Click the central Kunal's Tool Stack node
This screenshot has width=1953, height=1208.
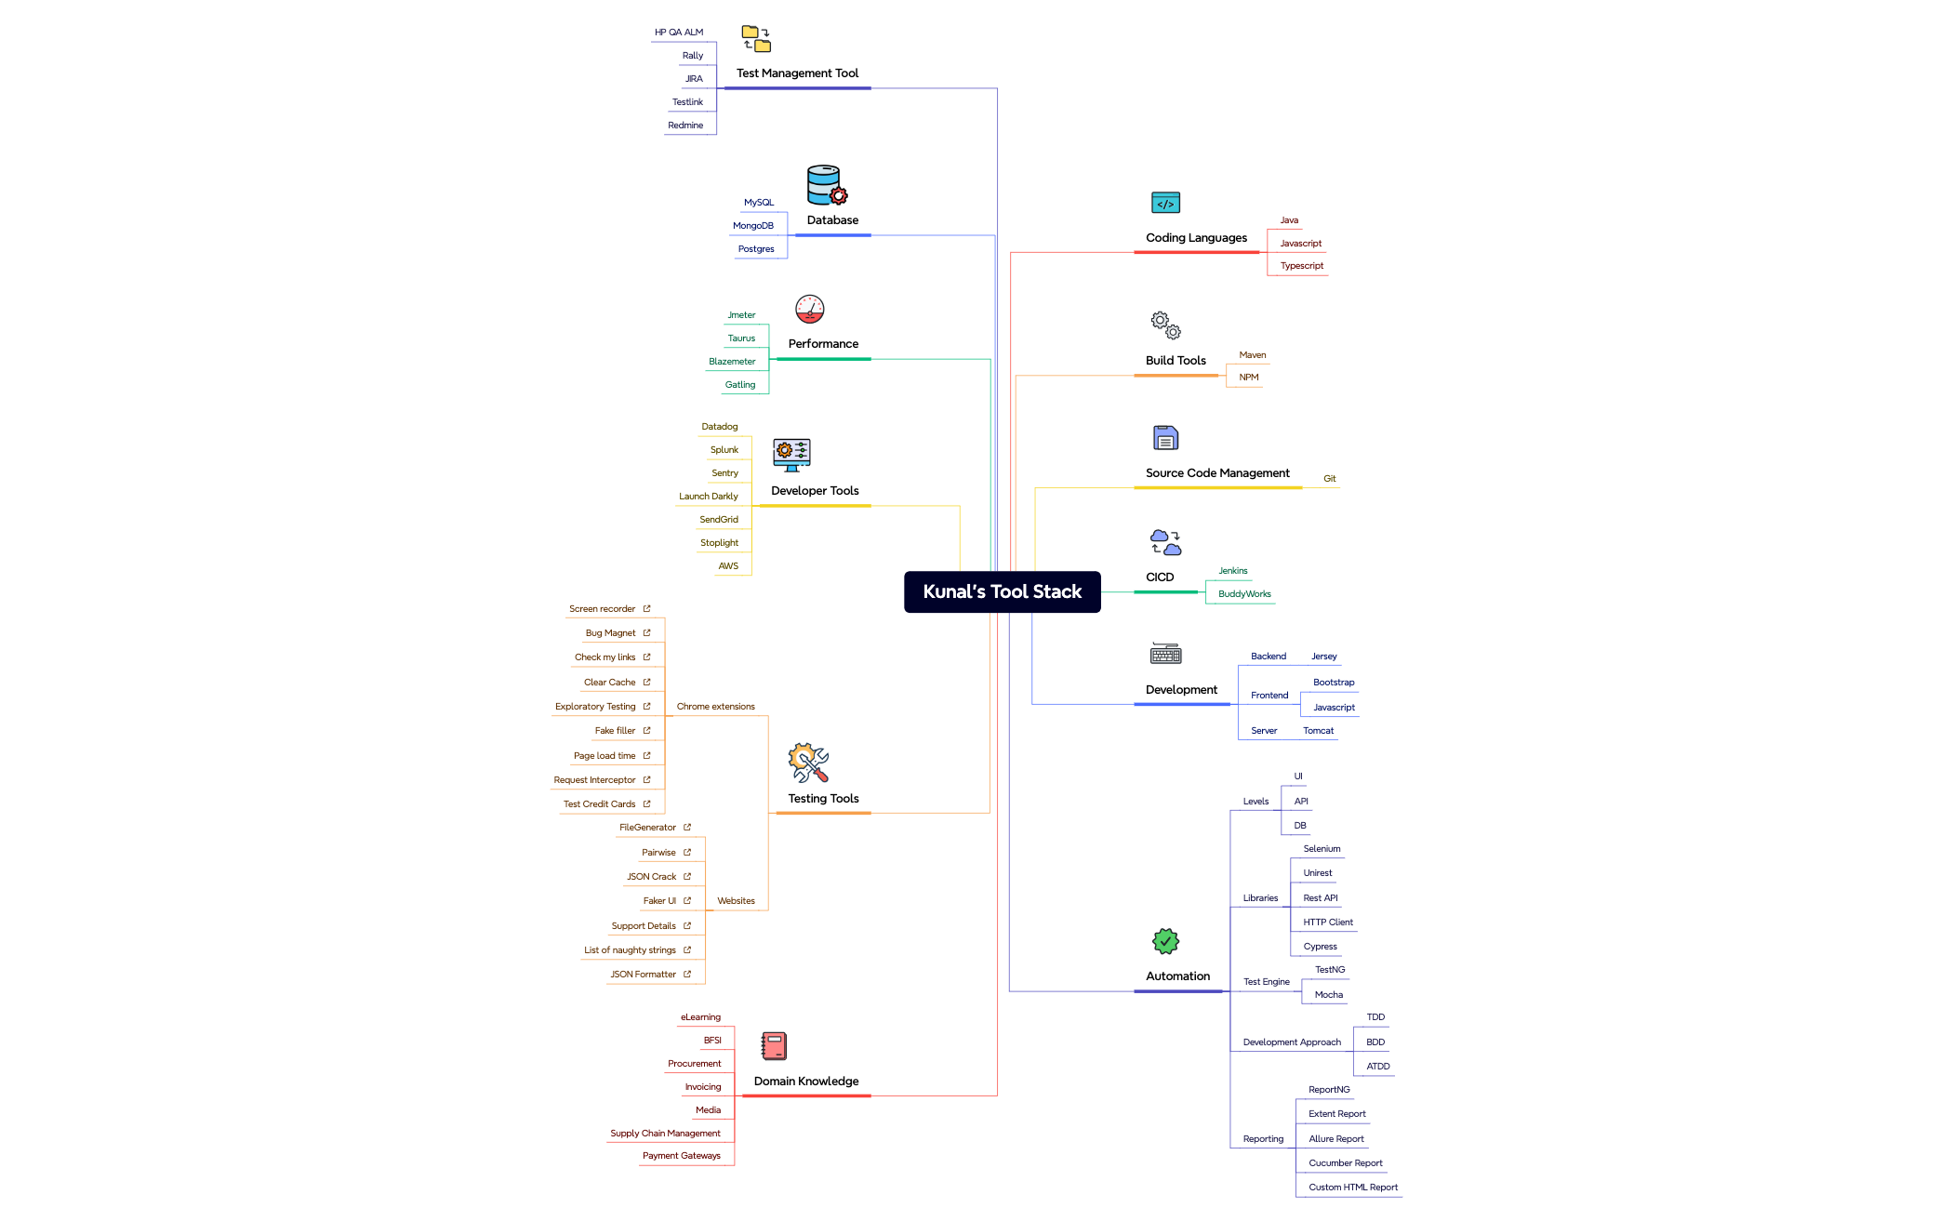(1002, 591)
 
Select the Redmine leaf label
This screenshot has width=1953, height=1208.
(685, 126)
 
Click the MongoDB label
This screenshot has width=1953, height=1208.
(752, 226)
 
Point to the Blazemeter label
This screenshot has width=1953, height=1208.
(732, 362)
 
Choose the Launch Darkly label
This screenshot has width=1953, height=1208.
(708, 497)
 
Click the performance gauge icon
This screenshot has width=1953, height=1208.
(809, 310)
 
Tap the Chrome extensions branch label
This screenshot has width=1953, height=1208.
(715, 707)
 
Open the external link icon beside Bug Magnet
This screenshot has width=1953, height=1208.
(646, 633)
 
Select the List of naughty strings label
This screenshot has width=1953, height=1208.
(630, 950)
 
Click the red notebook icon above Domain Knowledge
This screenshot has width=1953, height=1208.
(774, 1046)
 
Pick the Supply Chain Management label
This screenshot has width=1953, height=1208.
(665, 1134)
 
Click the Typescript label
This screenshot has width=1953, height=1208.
(1301, 266)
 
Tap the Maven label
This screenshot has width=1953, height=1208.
(1252, 355)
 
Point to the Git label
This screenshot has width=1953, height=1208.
(1329, 479)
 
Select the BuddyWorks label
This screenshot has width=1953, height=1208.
(1244, 594)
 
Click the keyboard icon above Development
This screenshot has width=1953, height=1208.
(1165, 654)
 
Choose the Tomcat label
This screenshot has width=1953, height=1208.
(1318, 731)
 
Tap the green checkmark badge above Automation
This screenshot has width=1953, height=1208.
(1165, 942)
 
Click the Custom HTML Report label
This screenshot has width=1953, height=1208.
(1352, 1188)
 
